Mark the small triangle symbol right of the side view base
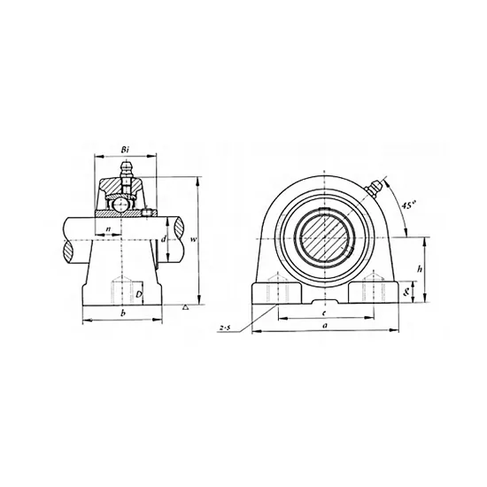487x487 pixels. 184,306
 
